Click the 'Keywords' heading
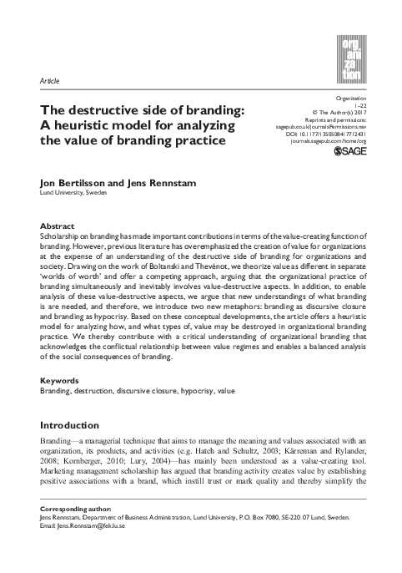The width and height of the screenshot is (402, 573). (x=61, y=380)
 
